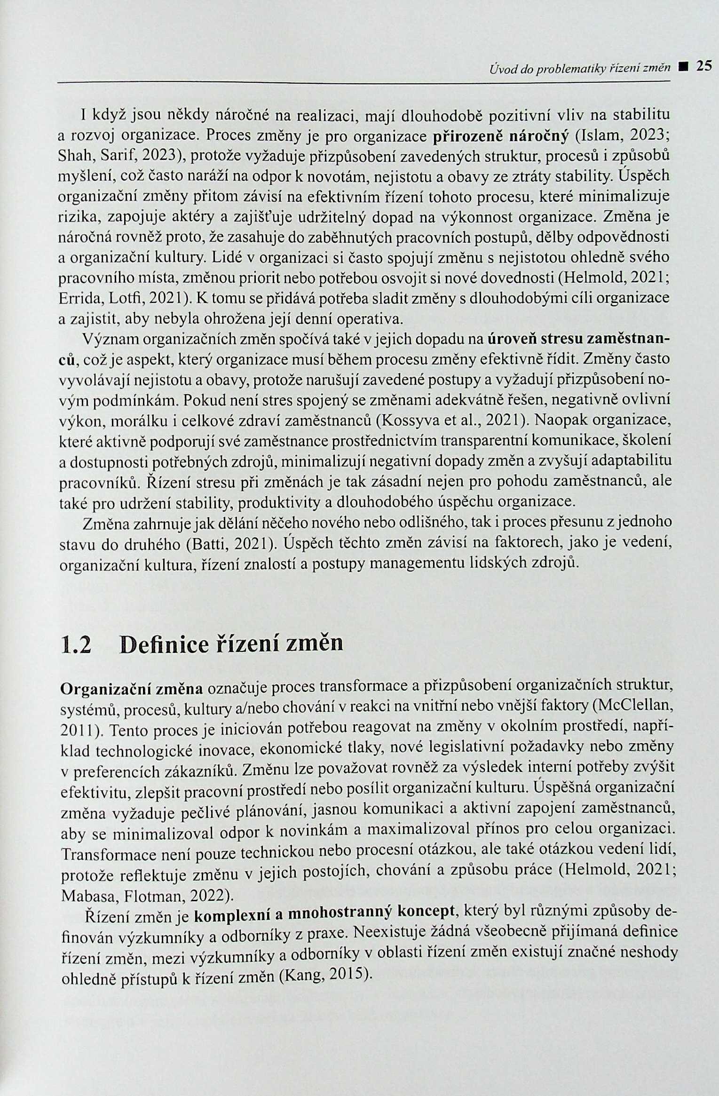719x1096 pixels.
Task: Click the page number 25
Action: click(x=703, y=66)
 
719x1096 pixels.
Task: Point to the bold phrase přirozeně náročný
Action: click(x=500, y=135)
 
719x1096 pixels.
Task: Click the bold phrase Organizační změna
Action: click(x=132, y=689)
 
